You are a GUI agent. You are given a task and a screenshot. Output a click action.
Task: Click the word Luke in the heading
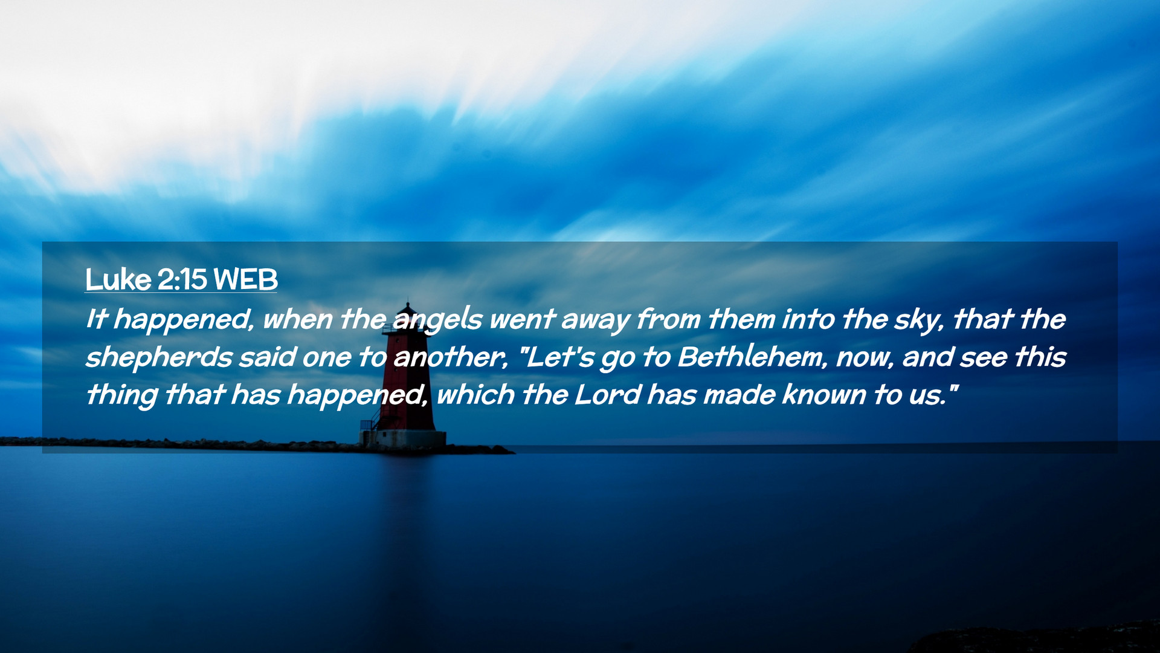point(118,279)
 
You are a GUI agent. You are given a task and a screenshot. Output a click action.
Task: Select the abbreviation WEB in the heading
point(245,279)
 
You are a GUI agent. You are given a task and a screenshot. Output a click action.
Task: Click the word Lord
point(607,394)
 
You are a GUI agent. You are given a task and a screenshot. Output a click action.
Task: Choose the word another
point(450,357)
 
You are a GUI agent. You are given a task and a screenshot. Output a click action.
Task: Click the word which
point(475,394)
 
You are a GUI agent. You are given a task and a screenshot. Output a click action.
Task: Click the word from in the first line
point(668,319)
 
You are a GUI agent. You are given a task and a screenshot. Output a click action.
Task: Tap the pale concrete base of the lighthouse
point(403,439)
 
